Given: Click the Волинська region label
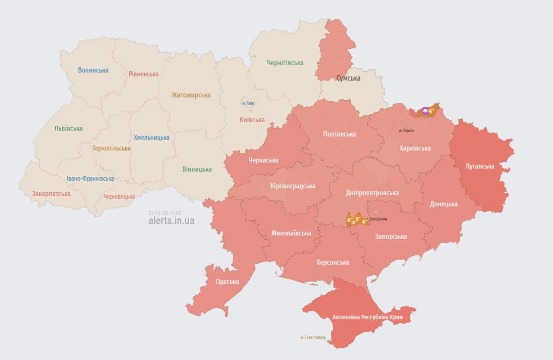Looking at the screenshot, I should (x=93, y=70).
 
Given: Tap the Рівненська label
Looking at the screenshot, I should (x=143, y=74).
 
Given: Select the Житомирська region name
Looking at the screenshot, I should (x=191, y=95).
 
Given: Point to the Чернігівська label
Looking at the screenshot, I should (x=285, y=63).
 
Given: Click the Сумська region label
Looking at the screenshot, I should (x=348, y=78).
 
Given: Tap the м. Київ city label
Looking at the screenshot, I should (x=248, y=103).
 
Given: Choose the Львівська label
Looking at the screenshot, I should (x=68, y=128).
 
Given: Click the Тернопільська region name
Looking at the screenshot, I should (x=111, y=148).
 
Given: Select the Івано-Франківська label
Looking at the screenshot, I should (x=90, y=178).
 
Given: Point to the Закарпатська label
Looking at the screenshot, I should (x=51, y=194).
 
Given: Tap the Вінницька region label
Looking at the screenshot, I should (x=197, y=169).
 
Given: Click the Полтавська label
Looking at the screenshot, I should (x=340, y=134).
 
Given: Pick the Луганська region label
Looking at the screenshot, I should (x=480, y=166).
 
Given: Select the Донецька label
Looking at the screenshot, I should (x=444, y=204).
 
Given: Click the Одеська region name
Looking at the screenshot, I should (x=227, y=282).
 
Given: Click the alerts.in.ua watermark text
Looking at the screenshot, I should (x=171, y=221).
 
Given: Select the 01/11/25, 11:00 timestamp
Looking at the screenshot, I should (x=165, y=213).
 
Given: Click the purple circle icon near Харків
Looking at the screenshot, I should (x=426, y=111).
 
